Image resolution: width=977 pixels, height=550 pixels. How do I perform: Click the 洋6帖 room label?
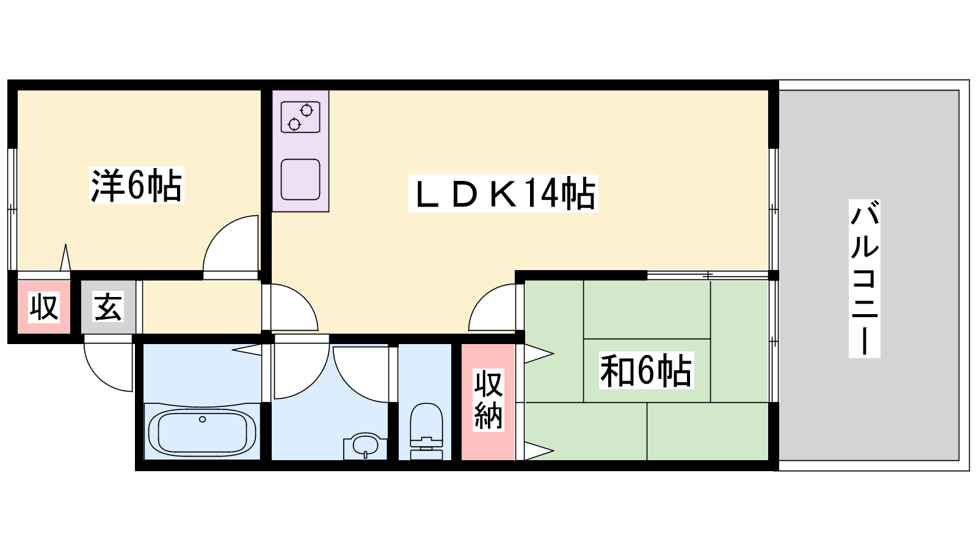pyautogui.click(x=137, y=185)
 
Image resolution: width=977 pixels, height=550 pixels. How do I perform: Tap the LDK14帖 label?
pyautogui.click(x=503, y=194)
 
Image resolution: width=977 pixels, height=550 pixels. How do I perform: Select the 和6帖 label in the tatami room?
pyautogui.click(x=647, y=370)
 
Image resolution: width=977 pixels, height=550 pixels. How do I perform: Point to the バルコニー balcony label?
pyautogui.click(x=865, y=279)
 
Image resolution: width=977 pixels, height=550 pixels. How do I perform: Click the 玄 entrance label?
pyautogui.click(x=108, y=307)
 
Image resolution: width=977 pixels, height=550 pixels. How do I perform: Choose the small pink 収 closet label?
pyautogui.click(x=43, y=307)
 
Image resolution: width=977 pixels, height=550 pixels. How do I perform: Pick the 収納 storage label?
pyautogui.click(x=488, y=400)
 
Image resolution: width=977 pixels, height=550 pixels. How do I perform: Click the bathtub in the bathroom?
pyautogui.click(x=202, y=432)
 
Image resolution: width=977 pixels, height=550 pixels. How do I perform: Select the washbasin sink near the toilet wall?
pyautogui.click(x=365, y=446)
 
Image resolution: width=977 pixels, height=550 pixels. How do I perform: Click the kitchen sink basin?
pyautogui.click(x=300, y=180)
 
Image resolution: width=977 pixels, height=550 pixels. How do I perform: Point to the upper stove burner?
pyautogui.click(x=307, y=111)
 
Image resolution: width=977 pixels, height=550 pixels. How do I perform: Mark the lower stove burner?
pyautogui.click(x=294, y=125)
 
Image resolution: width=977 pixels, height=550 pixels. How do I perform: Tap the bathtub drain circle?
pyautogui.click(x=202, y=419)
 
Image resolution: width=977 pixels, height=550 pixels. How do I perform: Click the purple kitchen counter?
pyautogui.click(x=300, y=151)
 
